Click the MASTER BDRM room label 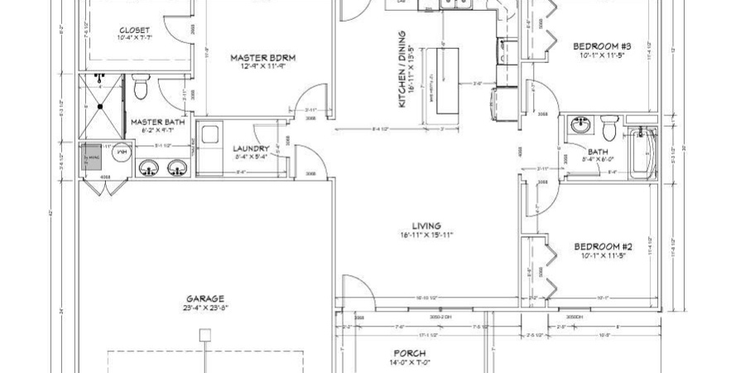coord(262,57)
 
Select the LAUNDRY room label coord(252,148)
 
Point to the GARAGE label coord(205,298)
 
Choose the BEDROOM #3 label coord(603,46)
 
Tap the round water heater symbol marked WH coord(121,153)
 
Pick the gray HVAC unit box coord(89,157)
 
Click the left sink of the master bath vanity coord(150,169)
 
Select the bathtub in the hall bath coord(641,154)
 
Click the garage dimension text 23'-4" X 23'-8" coord(205,308)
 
